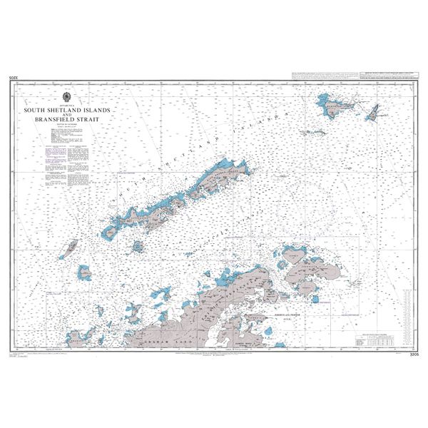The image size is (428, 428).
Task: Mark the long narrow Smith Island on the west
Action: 71,248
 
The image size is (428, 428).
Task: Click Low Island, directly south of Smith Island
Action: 85,272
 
